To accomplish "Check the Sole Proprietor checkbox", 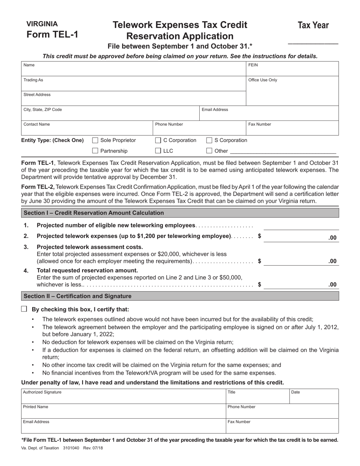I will [x=95, y=141].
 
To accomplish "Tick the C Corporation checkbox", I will [x=158, y=141].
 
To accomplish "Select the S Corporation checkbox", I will [x=210, y=141].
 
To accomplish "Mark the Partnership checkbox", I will [x=95, y=151].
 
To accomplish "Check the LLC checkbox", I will [x=158, y=151].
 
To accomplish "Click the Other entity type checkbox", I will [x=210, y=151].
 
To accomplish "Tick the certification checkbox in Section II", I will [x=24, y=309].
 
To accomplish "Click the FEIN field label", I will [x=253, y=65].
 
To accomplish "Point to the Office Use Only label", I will [x=263, y=80].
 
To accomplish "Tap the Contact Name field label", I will [x=36, y=124].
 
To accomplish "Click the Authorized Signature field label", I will [x=42, y=393].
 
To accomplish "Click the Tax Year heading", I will [x=313, y=25].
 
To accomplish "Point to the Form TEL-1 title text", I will [x=52, y=34].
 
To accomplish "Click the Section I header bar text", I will [x=94, y=213].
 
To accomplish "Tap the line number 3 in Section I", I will [x=26, y=247].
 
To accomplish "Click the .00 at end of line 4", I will [x=332, y=285].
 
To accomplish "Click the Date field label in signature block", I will [x=296, y=393].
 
